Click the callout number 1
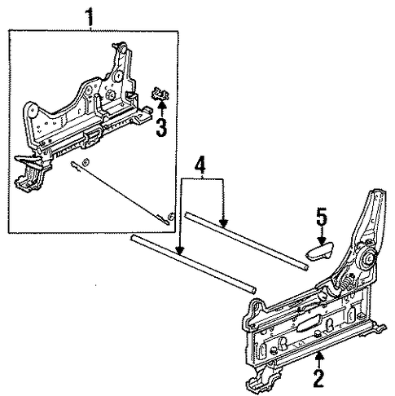pyautogui.click(x=90, y=17)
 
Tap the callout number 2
pyautogui.click(x=318, y=378)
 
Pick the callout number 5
pyautogui.click(x=321, y=216)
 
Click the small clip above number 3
pyautogui.click(x=160, y=94)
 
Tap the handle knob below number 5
pyautogui.click(x=319, y=251)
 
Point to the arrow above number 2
pyautogui.click(x=319, y=359)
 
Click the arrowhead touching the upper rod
pyautogui.click(x=223, y=223)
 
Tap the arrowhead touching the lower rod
pyautogui.click(x=180, y=251)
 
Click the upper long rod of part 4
pyautogui.click(x=246, y=241)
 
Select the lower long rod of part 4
pyautogui.click(x=193, y=265)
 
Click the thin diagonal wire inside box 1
pyautogui.click(x=120, y=192)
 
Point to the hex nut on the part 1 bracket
pyautogui.click(x=110, y=95)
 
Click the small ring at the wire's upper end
pyautogui.click(x=86, y=162)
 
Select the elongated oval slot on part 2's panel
pyautogui.click(x=309, y=325)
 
